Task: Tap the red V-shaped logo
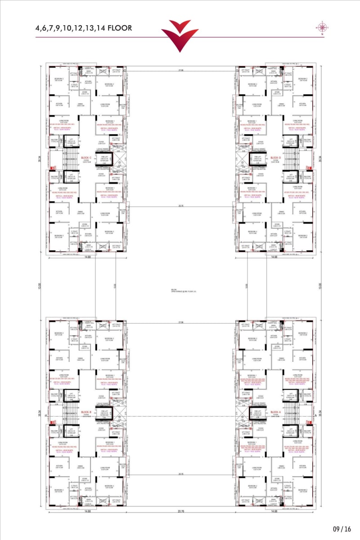click(x=180, y=35)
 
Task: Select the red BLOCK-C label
click(x=86, y=158)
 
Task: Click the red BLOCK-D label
click(x=275, y=158)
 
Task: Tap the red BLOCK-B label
click(x=86, y=412)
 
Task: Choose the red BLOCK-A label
click(x=275, y=412)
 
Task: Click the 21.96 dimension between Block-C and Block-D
click(x=181, y=70)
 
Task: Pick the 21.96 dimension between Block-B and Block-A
click(x=181, y=322)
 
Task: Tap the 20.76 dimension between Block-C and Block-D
click(x=181, y=206)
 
